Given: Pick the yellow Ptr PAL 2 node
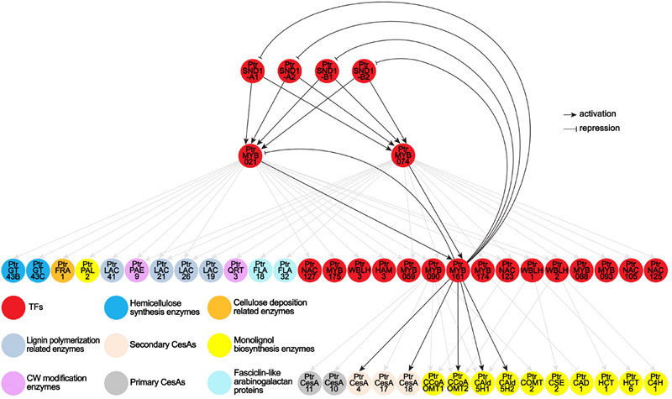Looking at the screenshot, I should click(x=87, y=271).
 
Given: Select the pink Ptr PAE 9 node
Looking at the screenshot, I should click(x=137, y=271).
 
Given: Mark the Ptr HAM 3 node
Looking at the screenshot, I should click(x=384, y=271).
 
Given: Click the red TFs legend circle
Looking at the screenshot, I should click(x=13, y=305).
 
